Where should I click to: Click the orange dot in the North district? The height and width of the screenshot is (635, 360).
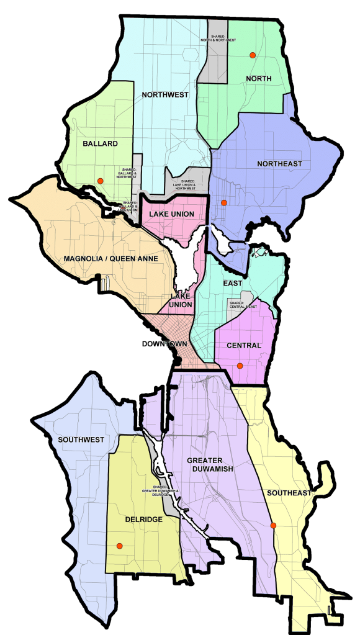click(x=253, y=56)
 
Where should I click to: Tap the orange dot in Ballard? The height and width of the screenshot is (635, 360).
click(x=99, y=181)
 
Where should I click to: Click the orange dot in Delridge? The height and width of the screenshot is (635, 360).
click(x=120, y=546)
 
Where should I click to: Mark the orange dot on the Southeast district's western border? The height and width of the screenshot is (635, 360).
click(x=273, y=526)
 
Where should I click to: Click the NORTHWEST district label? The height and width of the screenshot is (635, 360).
click(x=164, y=95)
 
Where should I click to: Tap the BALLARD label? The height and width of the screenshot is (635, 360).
click(x=100, y=143)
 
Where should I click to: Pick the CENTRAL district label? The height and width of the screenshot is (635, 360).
click(x=244, y=345)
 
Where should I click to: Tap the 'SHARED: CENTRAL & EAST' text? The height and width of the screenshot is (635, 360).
click(x=241, y=305)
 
